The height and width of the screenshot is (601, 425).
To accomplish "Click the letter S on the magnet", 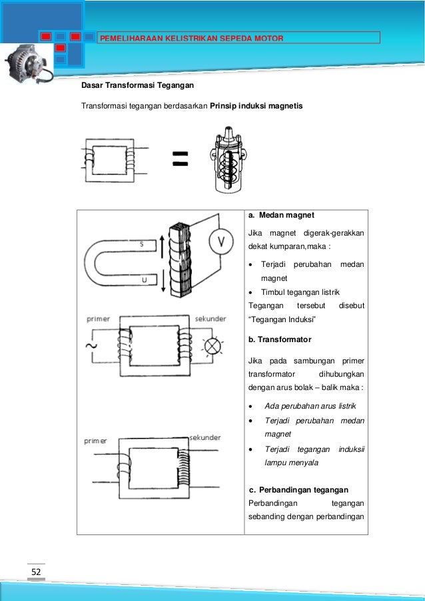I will pyautogui.click(x=141, y=244).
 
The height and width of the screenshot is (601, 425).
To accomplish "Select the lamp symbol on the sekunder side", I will pyautogui.click(x=212, y=346).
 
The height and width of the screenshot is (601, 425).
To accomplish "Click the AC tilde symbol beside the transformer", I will pyautogui.click(x=87, y=346).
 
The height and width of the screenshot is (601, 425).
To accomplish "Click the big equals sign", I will pyautogui.click(x=180, y=158).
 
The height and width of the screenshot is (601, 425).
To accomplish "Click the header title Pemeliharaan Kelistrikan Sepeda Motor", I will pyautogui.click(x=191, y=37).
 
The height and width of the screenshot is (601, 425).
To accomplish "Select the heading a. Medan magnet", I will pyautogui.click(x=281, y=216).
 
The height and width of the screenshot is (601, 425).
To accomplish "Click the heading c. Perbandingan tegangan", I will pyautogui.click(x=298, y=490).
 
